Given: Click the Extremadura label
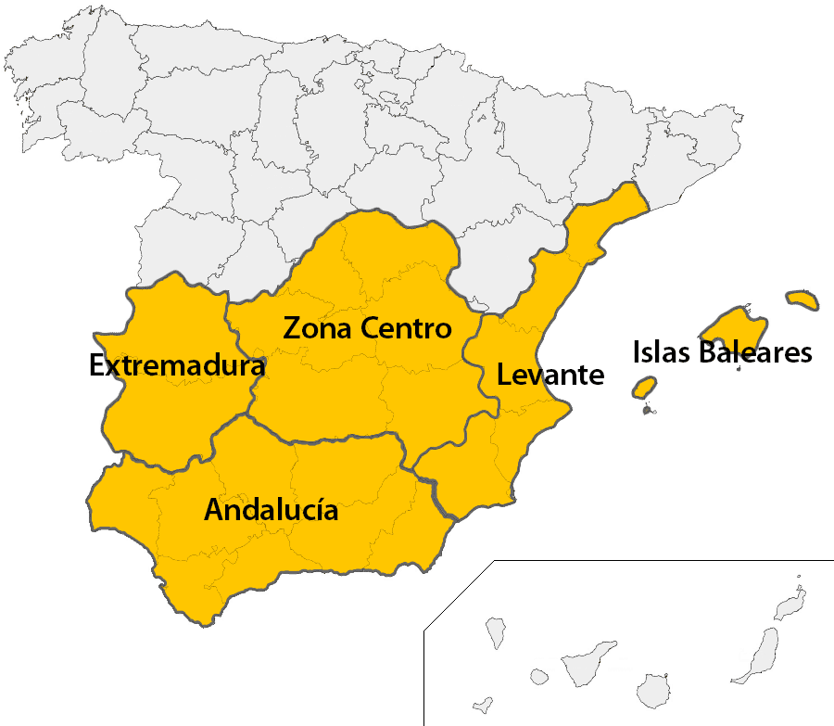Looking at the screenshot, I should (177, 366).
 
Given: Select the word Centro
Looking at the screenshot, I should (406, 328).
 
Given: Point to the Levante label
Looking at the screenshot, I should (550, 376).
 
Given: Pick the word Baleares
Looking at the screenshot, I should (756, 352).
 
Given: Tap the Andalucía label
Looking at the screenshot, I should (271, 511).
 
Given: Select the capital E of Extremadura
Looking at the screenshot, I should (96, 366).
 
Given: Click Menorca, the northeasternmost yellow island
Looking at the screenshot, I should (802, 299).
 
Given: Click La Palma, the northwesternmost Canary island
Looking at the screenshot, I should (495, 632).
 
